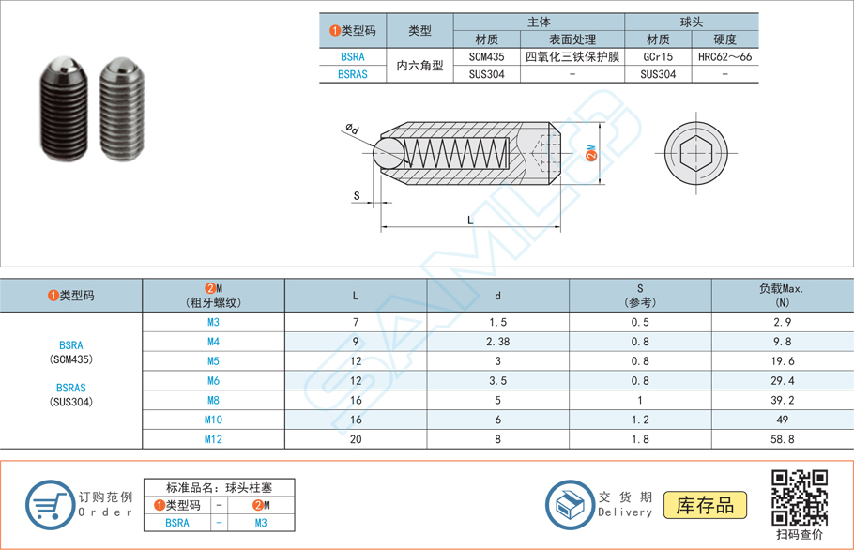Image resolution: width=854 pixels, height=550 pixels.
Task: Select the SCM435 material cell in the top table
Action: click(x=486, y=56)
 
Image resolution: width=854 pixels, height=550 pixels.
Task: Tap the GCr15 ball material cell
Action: click(x=658, y=56)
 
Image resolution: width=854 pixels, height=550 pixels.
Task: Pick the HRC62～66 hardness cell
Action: click(x=724, y=56)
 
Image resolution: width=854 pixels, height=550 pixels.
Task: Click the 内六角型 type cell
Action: click(x=419, y=66)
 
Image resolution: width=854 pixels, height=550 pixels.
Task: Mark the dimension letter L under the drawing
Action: click(x=470, y=221)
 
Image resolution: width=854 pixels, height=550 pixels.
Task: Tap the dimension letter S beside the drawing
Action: click(x=357, y=196)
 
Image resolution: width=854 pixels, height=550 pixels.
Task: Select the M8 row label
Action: click(x=213, y=400)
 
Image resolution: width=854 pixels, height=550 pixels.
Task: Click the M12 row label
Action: click(x=213, y=439)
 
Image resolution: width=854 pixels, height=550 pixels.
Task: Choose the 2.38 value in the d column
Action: click(x=497, y=342)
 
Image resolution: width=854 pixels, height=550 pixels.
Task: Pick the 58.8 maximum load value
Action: click(x=782, y=439)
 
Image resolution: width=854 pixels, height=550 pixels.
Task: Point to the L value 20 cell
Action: click(x=355, y=439)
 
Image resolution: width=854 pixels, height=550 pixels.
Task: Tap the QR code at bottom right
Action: click(x=799, y=498)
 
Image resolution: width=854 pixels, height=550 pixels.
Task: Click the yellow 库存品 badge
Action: click(x=705, y=505)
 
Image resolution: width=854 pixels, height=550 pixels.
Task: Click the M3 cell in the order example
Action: click(x=261, y=523)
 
